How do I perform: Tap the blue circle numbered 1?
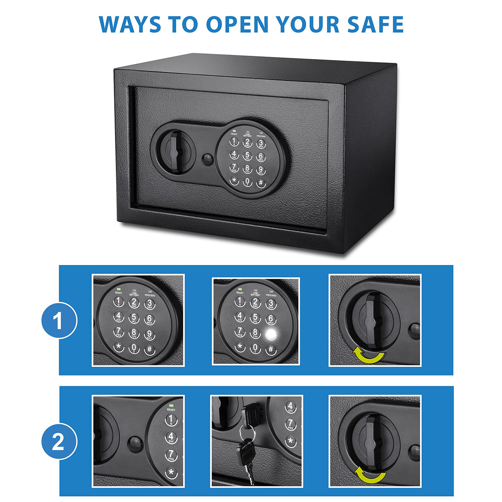[x=59, y=321]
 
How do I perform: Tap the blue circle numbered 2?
[x=59, y=442]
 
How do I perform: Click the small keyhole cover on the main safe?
[x=206, y=159]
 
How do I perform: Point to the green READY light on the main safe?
[x=234, y=131]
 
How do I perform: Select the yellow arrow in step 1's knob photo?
[x=369, y=356]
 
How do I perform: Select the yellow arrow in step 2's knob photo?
[x=371, y=476]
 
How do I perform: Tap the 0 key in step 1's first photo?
[x=134, y=348]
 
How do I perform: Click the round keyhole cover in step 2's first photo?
[x=135, y=444]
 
